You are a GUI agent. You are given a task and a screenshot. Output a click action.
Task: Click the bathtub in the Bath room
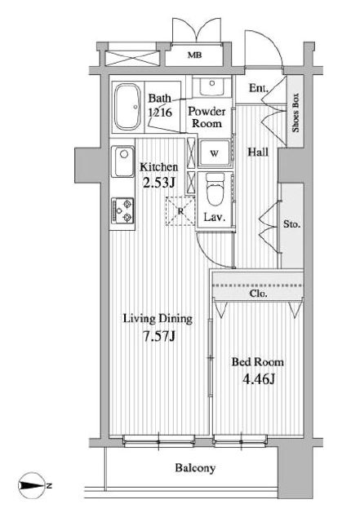click(127, 107)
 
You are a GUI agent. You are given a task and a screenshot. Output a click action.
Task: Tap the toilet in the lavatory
click(215, 189)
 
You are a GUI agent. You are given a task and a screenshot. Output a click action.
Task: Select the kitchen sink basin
click(122, 161)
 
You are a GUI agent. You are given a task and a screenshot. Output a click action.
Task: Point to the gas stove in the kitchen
click(122, 210)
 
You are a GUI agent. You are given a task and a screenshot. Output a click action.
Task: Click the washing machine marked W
click(214, 153)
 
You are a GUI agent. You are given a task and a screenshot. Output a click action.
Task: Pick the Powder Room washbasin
click(212, 86)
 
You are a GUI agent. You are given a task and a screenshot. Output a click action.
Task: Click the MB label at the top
click(194, 55)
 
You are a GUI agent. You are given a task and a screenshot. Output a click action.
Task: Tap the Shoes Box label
click(296, 113)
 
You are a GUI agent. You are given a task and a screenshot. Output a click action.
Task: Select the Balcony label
click(195, 468)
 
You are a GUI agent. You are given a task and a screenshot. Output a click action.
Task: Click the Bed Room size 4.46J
click(259, 379)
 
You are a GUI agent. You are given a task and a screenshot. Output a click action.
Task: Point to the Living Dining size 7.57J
click(159, 336)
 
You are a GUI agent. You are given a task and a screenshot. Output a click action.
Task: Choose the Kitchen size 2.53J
click(159, 183)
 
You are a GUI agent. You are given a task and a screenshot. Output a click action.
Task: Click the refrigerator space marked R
click(180, 211)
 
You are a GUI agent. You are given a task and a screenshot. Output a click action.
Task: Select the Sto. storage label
click(292, 224)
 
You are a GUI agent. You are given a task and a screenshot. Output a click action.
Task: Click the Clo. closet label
click(258, 294)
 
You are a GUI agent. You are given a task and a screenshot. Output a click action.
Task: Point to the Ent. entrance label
click(259, 88)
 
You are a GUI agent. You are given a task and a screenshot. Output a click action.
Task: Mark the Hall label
click(258, 152)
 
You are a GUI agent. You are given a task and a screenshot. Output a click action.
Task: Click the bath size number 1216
click(160, 113)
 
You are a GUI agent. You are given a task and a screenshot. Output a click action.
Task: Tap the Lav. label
click(215, 217)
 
